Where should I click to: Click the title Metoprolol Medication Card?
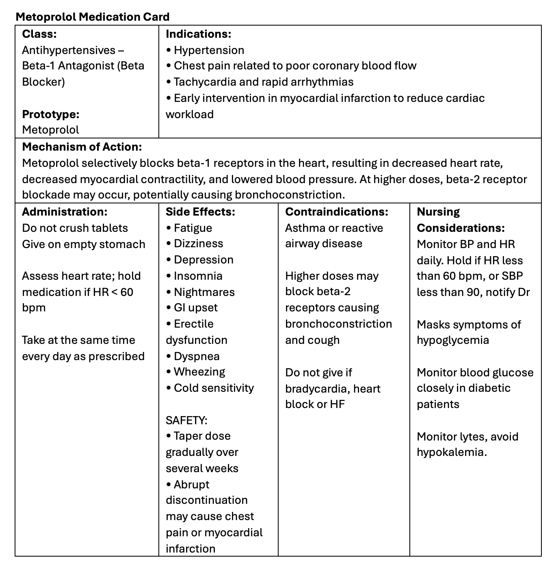point(92,17)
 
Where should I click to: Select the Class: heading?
point(39,34)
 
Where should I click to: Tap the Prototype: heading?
point(51,114)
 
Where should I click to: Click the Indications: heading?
point(198,34)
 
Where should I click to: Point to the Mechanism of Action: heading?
point(82,147)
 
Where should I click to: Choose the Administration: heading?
point(65,212)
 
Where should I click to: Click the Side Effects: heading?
point(200,212)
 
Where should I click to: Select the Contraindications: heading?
point(337,212)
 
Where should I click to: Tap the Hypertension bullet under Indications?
point(209,50)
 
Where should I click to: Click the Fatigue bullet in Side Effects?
point(193,228)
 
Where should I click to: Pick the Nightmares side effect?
point(204,292)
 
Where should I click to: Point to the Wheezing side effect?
point(199,371)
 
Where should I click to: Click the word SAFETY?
point(186,420)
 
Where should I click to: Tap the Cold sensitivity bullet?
point(214,388)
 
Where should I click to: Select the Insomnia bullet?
point(198,276)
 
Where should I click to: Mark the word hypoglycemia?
point(453,340)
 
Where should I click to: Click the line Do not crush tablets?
point(75,228)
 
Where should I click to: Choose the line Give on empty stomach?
point(83,244)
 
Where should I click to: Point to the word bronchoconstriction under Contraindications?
point(338,324)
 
